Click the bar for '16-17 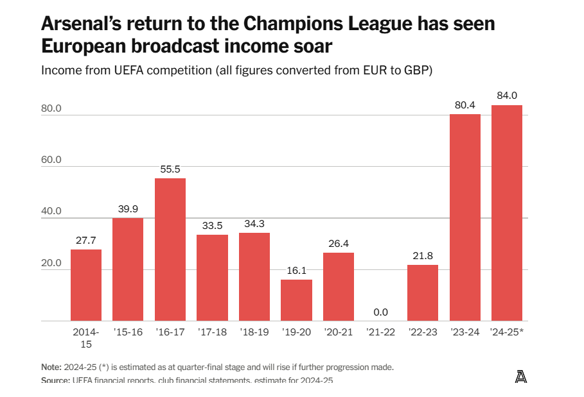(170, 249)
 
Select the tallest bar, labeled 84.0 (507, 213)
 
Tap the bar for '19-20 (296, 300)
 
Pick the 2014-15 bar (86, 285)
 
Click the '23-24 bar (465, 217)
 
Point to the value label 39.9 (128, 208)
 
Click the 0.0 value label (380, 312)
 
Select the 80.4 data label (465, 105)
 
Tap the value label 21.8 (423, 256)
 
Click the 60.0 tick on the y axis (51, 160)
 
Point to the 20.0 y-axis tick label (51, 263)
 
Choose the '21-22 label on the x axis (380, 332)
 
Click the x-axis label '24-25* (508, 332)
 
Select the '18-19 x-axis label (254, 332)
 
